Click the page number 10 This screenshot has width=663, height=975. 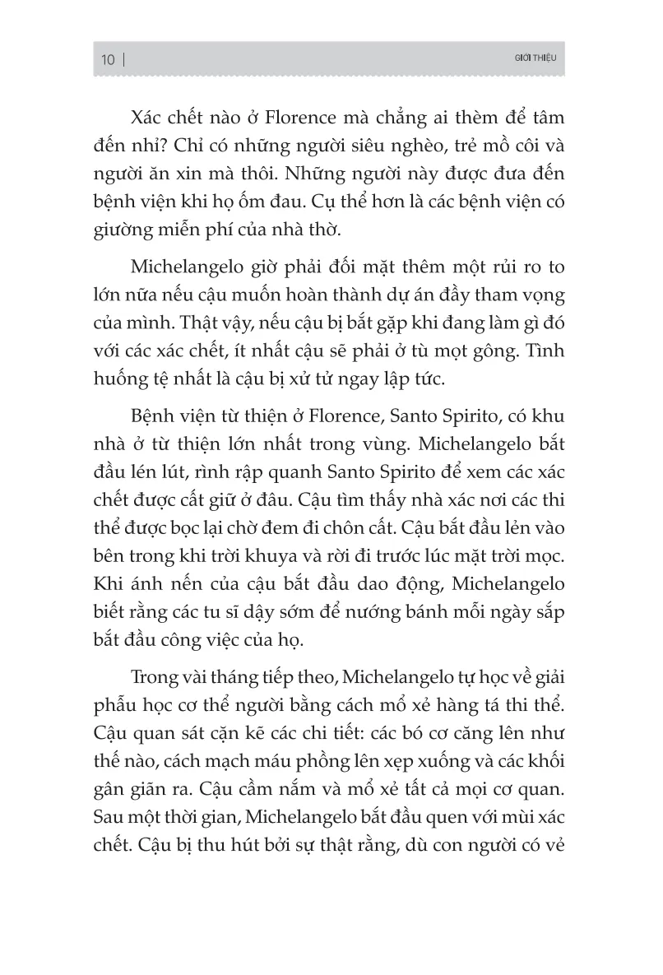109,60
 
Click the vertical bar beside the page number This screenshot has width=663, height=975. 124,60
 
